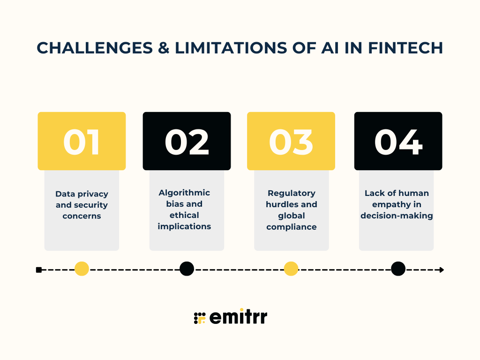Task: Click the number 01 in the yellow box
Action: click(82, 142)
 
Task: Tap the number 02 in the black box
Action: click(187, 142)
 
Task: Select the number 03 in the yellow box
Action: click(291, 142)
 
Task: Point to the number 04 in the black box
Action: click(398, 142)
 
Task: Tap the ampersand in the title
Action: click(162, 48)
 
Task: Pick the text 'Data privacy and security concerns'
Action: click(82, 205)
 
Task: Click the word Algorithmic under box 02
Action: click(184, 193)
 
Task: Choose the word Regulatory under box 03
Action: click(292, 193)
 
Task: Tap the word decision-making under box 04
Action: click(397, 216)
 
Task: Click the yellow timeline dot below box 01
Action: click(82, 269)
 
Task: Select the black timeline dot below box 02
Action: click(187, 269)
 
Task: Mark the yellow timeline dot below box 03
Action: click(291, 269)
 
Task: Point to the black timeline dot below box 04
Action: click(398, 269)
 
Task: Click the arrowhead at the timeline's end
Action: click(441, 270)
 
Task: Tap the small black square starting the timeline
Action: click(39, 270)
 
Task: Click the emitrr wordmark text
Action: click(238, 317)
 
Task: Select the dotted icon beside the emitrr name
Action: click(200, 318)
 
